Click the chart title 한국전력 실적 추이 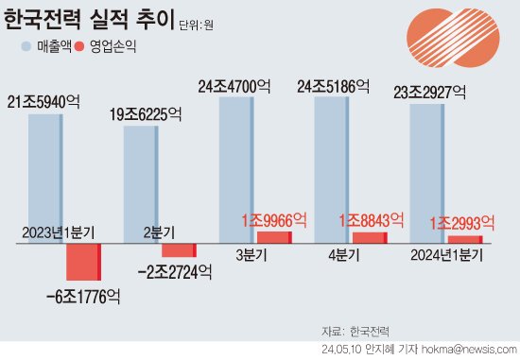click(89, 20)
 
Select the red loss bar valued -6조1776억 click(82, 262)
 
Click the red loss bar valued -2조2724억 click(178, 250)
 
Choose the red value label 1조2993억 click(462, 223)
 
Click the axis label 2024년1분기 click(447, 254)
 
